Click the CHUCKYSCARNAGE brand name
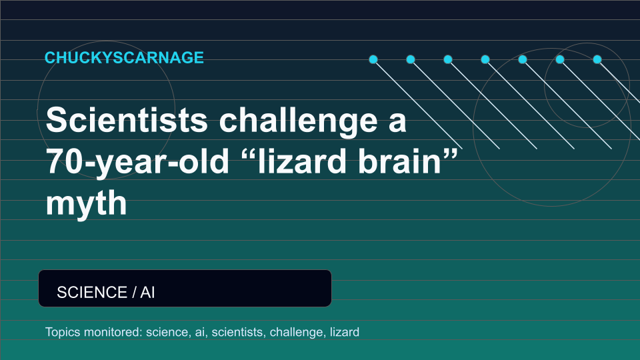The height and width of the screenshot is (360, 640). (124, 57)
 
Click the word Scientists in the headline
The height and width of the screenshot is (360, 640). (127, 119)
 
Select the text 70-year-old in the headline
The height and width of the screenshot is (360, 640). (137, 162)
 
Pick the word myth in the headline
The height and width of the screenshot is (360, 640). (86, 203)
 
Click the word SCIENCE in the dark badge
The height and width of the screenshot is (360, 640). (92, 292)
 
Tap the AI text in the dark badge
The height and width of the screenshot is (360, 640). (147, 292)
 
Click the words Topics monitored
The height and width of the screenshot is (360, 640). (93, 332)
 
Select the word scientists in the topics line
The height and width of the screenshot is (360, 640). (237, 332)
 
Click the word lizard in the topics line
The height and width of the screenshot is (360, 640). (345, 332)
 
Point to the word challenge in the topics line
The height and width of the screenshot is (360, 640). (297, 332)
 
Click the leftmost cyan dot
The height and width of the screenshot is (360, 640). (373, 59)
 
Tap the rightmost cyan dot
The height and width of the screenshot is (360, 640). (597, 59)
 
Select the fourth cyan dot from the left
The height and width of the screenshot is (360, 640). (485, 59)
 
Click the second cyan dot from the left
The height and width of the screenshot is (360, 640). (411, 59)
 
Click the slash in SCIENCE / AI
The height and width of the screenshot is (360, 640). (134, 292)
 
